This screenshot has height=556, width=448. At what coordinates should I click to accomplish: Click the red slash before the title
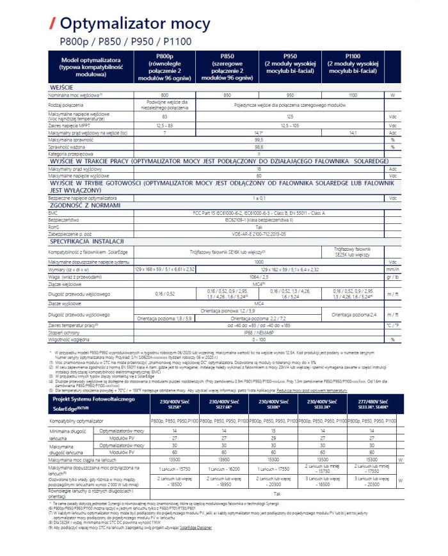tap(52, 24)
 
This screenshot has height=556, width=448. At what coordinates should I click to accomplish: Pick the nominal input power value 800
tap(164, 95)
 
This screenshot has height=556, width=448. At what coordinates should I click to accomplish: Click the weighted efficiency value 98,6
tap(259, 147)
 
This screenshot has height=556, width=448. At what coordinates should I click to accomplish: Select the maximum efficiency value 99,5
tap(259, 139)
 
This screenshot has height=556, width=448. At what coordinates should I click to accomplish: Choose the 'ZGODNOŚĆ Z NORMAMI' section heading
tap(81, 206)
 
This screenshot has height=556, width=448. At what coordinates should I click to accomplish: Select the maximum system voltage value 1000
tap(259, 262)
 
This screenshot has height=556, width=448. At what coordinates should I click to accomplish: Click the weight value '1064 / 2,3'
tap(259, 277)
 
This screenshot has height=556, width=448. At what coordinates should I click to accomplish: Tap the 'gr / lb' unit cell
tap(392, 277)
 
